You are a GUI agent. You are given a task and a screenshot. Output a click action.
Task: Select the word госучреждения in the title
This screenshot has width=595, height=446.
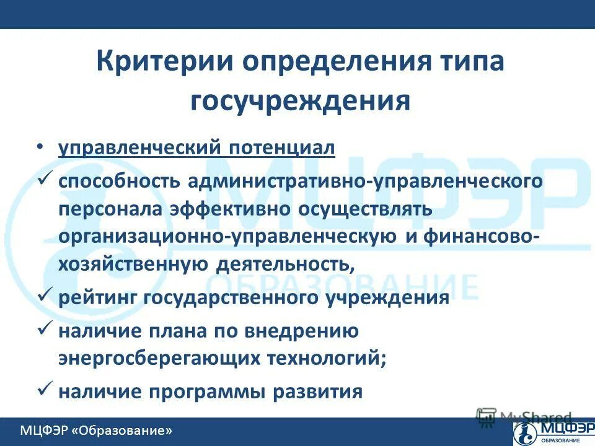point(300,100)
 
